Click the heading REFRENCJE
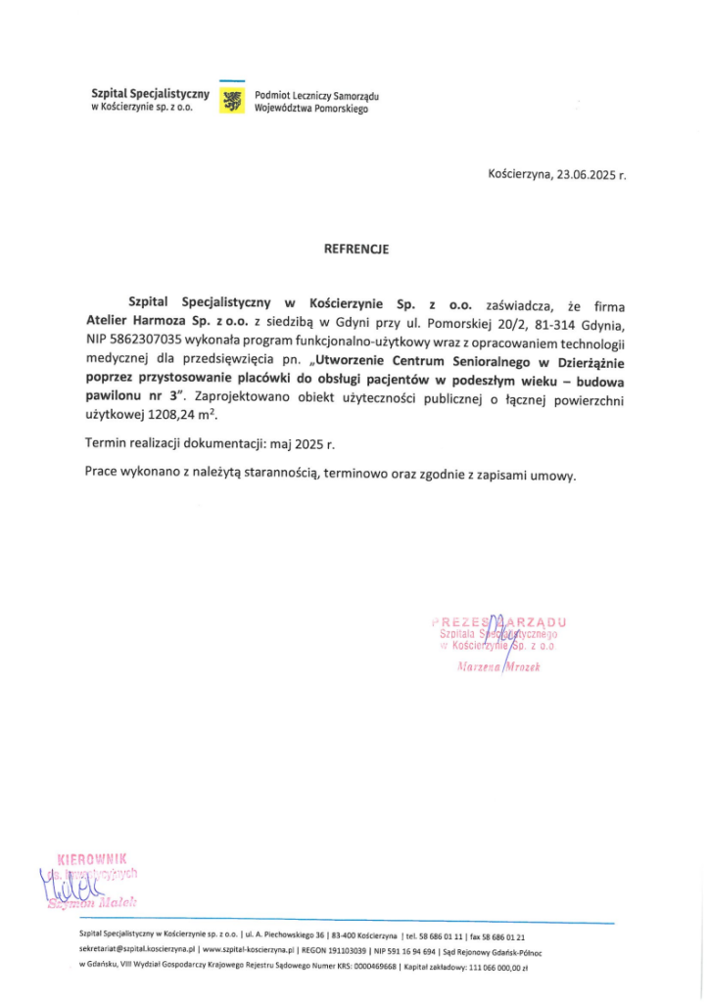[355, 250]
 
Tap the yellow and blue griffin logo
[232, 100]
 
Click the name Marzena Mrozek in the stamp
[499, 667]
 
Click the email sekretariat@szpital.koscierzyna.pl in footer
[137, 949]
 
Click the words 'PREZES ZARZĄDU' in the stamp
[498, 621]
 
